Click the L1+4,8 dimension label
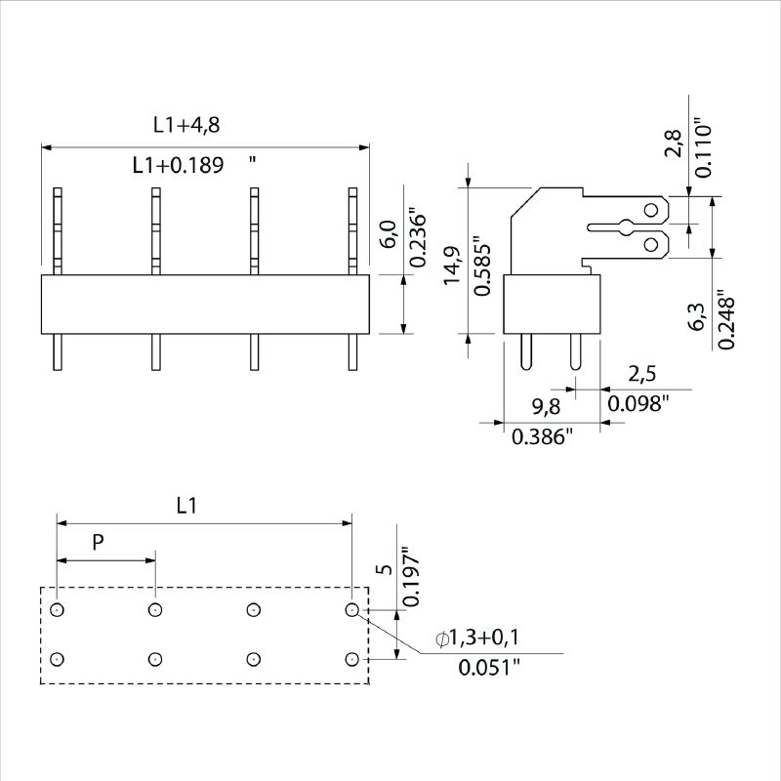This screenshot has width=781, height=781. click(186, 125)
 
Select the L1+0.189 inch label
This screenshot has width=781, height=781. click(194, 165)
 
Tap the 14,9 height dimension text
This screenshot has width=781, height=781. click(452, 266)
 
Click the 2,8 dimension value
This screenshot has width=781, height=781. click(673, 144)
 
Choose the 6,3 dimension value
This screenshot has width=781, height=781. click(698, 316)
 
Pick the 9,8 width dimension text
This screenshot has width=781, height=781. click(546, 406)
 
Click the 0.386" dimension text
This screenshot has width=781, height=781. click(543, 436)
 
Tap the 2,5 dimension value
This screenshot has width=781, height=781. click(642, 374)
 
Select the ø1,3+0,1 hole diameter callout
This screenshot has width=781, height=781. click(477, 637)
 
